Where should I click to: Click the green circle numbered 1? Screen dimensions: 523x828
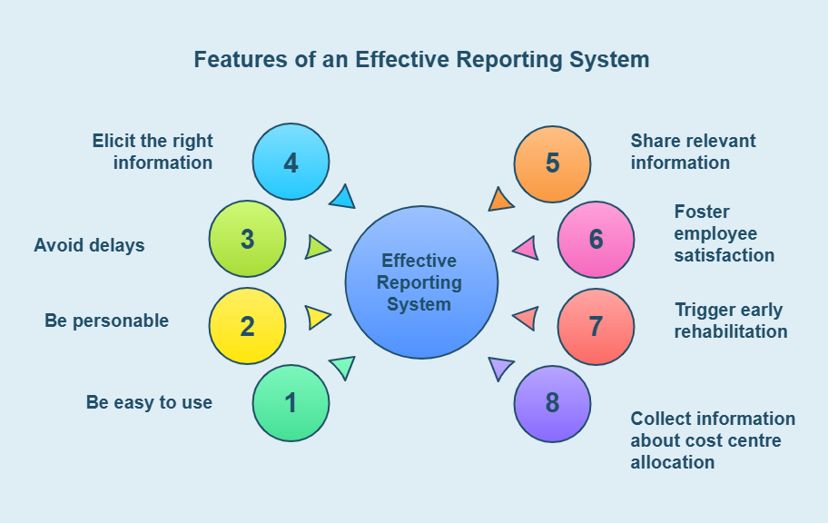(x=291, y=403)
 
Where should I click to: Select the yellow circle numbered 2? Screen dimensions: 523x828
(x=247, y=327)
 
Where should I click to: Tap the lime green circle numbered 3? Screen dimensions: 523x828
(x=247, y=240)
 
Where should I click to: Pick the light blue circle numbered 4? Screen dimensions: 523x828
(x=291, y=163)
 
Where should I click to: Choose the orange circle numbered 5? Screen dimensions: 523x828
(x=552, y=163)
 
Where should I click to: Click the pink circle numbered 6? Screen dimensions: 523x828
(x=596, y=240)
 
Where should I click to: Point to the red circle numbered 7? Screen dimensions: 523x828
(x=596, y=327)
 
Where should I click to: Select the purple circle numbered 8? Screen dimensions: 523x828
(x=552, y=403)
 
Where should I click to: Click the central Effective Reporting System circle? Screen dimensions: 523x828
(x=421, y=282)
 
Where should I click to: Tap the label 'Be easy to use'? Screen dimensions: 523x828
(x=149, y=402)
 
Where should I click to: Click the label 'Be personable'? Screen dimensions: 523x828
(x=106, y=321)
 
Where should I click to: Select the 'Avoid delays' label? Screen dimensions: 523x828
(x=89, y=245)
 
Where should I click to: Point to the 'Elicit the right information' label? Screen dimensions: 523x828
(x=153, y=152)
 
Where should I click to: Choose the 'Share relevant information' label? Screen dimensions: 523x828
(x=693, y=152)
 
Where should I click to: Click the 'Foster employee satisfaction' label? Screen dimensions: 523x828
(x=724, y=233)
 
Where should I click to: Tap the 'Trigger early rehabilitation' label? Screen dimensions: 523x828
(x=730, y=321)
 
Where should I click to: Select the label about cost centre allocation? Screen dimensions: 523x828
(x=713, y=440)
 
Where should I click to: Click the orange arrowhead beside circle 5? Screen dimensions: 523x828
(x=500, y=199)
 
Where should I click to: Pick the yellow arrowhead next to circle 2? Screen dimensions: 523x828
(x=317, y=317)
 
